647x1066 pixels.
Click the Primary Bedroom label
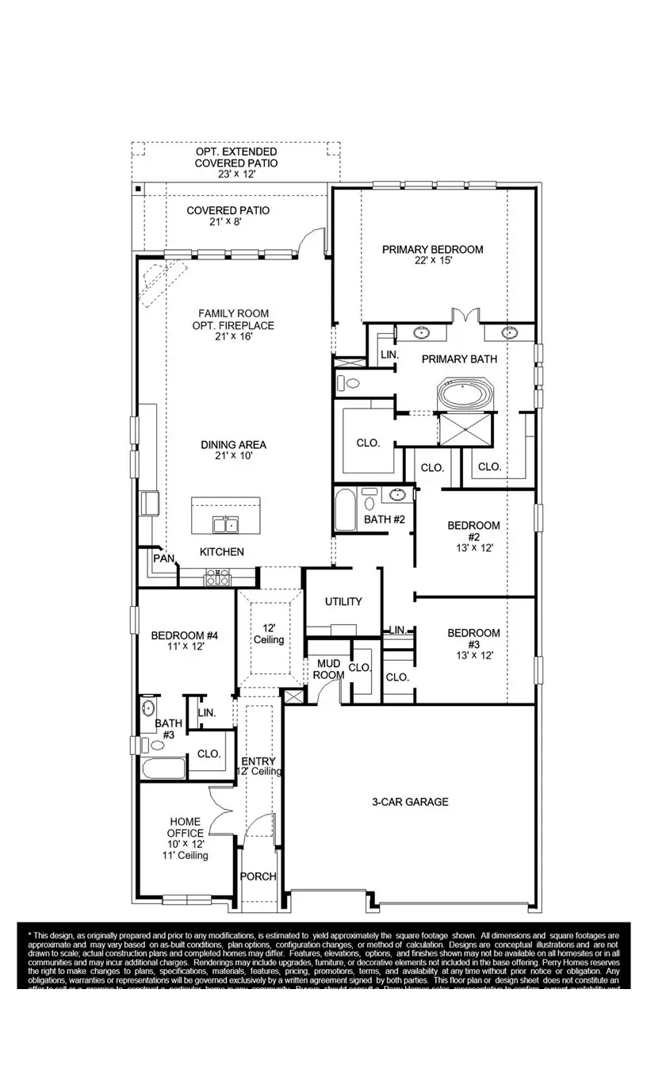point(432,250)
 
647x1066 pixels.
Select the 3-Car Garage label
point(410,802)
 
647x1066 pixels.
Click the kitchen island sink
point(225,524)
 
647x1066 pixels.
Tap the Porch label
point(258,876)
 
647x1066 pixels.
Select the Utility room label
point(343,601)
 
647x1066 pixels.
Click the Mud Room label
point(329,669)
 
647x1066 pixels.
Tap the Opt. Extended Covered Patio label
point(235,157)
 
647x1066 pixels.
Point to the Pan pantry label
point(163,558)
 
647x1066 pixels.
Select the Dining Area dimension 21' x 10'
point(232,456)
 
